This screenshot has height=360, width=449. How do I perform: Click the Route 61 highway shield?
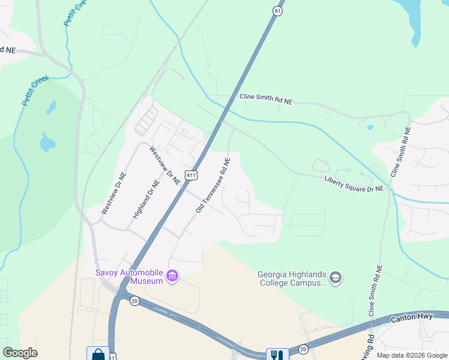(x=277, y=11)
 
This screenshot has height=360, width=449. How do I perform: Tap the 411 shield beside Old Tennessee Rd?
(x=190, y=175)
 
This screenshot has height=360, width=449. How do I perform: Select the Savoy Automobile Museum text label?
(x=129, y=277)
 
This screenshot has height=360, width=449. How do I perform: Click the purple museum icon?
(x=172, y=276)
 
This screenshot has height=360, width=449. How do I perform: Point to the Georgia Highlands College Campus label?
(x=292, y=278)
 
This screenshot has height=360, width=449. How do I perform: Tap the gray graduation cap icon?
(x=335, y=278)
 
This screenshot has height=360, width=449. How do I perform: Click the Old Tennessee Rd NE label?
(x=213, y=186)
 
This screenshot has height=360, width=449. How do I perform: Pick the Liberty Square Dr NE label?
(x=354, y=183)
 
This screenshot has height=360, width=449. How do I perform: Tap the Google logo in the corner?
(x=20, y=353)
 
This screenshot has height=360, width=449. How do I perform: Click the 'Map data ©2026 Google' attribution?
(x=412, y=355)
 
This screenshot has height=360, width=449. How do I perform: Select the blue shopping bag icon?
(x=97, y=354)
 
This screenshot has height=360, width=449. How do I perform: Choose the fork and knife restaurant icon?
(x=277, y=355)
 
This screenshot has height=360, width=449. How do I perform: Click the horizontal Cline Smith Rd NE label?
(x=266, y=99)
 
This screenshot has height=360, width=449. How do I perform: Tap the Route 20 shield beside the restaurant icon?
(x=303, y=349)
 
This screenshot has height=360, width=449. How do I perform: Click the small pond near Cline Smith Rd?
(x=370, y=127)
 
